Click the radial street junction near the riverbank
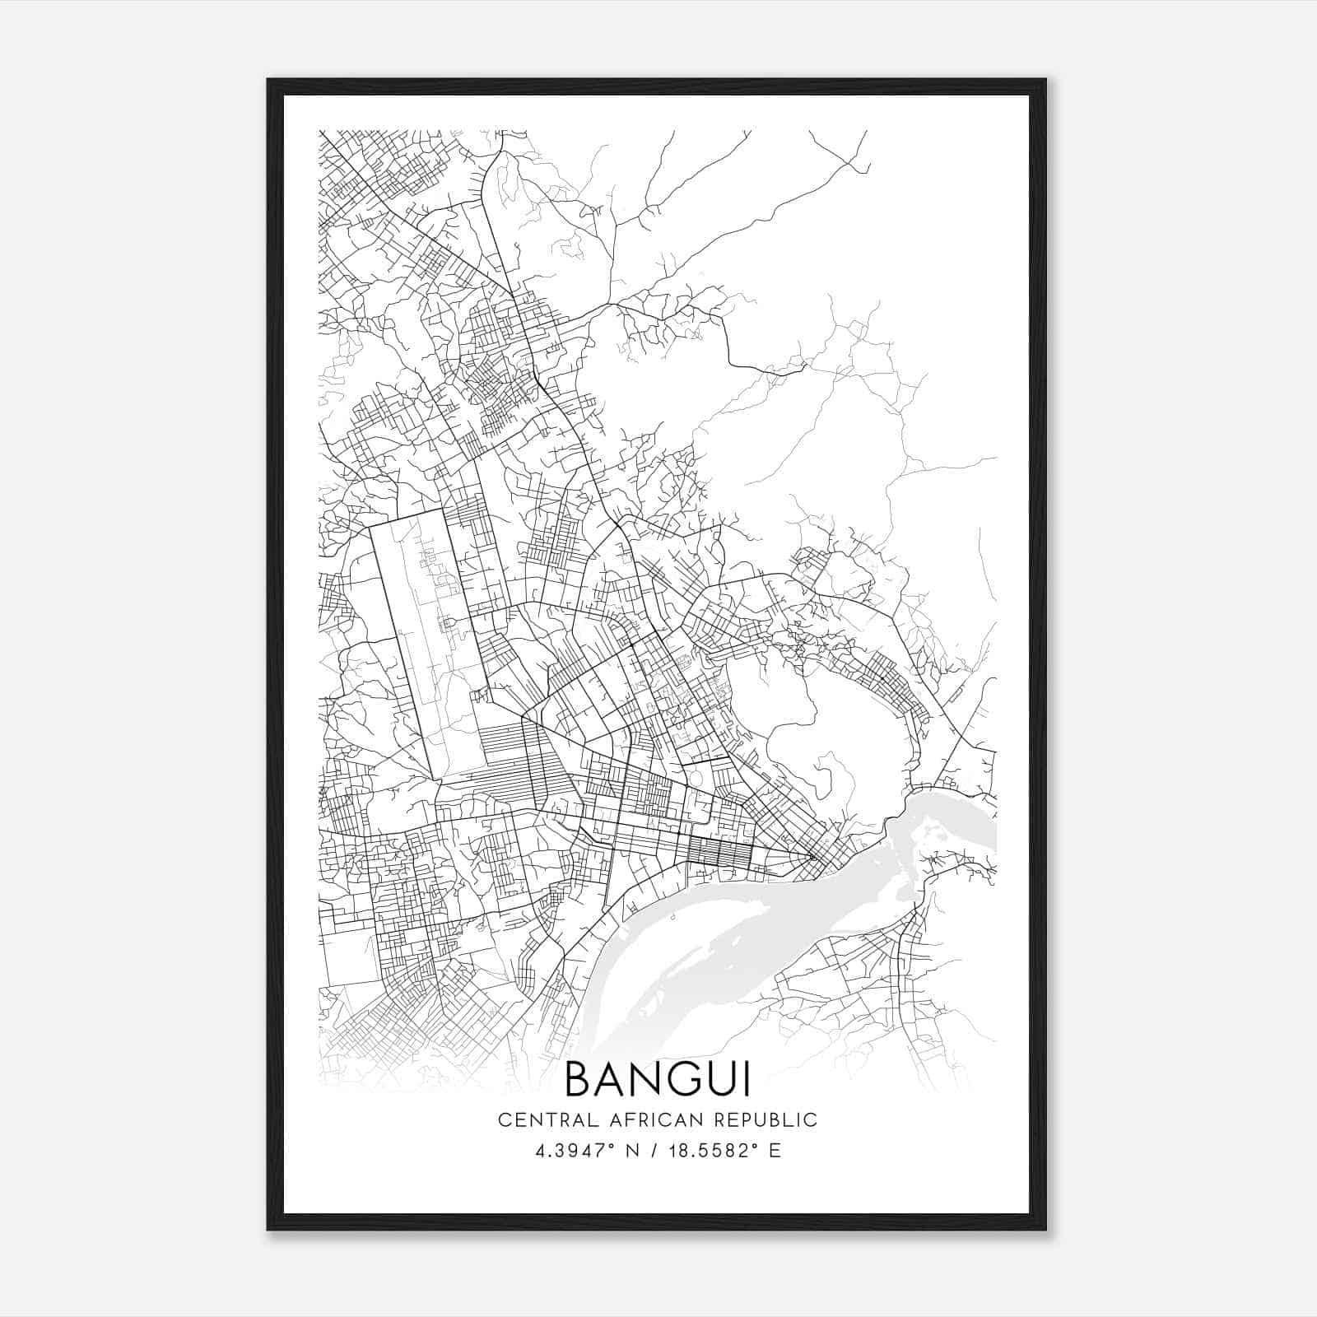812,857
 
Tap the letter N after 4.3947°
633,1151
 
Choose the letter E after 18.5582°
775,1151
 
